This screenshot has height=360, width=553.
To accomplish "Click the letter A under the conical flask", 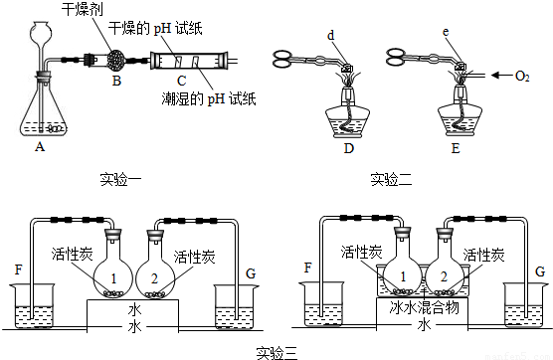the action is [x=40, y=146].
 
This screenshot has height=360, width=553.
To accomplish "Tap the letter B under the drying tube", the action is [x=116, y=81].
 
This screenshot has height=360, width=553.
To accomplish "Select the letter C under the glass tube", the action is [x=182, y=81].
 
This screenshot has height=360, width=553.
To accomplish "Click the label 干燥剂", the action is [x=83, y=9].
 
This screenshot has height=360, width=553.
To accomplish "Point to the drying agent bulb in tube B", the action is [x=116, y=59].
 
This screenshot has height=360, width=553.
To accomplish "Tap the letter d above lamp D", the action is [x=331, y=35].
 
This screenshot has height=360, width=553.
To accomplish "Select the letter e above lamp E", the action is [x=446, y=32].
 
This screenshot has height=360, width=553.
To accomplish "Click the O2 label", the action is [x=522, y=77].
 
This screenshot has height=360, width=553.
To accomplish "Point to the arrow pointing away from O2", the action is [x=501, y=76].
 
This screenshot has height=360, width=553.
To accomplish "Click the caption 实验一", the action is [x=120, y=179].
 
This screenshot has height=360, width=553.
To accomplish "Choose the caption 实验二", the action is [x=391, y=179].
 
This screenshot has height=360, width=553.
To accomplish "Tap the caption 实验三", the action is [x=277, y=353].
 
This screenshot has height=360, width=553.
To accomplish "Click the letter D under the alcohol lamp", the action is [x=348, y=148].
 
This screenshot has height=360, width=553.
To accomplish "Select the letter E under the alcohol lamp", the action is [x=456, y=148].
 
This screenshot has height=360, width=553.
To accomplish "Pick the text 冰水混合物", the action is [x=425, y=307].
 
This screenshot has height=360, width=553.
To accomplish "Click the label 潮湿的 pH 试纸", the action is [x=209, y=98].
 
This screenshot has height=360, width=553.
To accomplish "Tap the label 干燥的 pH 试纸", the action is [x=155, y=28].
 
